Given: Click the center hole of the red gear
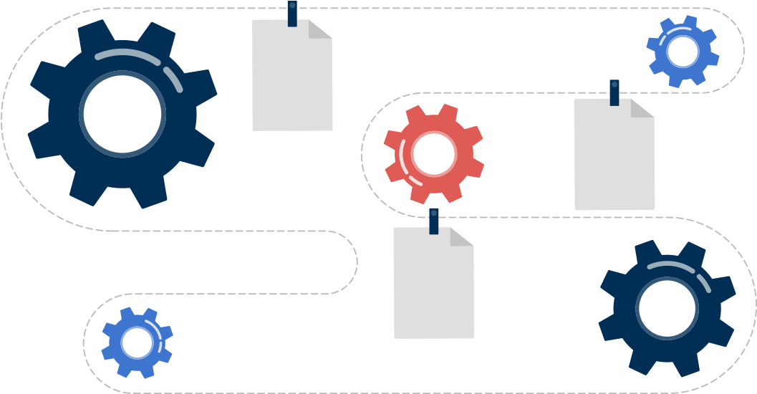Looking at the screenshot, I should point(434,153).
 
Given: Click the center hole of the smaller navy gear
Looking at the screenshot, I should point(667,309).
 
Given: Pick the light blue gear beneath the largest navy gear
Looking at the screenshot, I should point(137,342).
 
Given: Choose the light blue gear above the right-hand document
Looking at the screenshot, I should point(683,52).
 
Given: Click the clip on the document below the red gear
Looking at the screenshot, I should point(433,221).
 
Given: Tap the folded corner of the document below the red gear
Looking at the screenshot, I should point(460,238).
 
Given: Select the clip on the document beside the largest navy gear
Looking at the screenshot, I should point(292,14).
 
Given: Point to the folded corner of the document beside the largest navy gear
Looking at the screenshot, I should point(319,30).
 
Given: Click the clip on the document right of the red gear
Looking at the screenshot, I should point(614,92).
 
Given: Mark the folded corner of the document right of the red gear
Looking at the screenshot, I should point(640,109).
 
